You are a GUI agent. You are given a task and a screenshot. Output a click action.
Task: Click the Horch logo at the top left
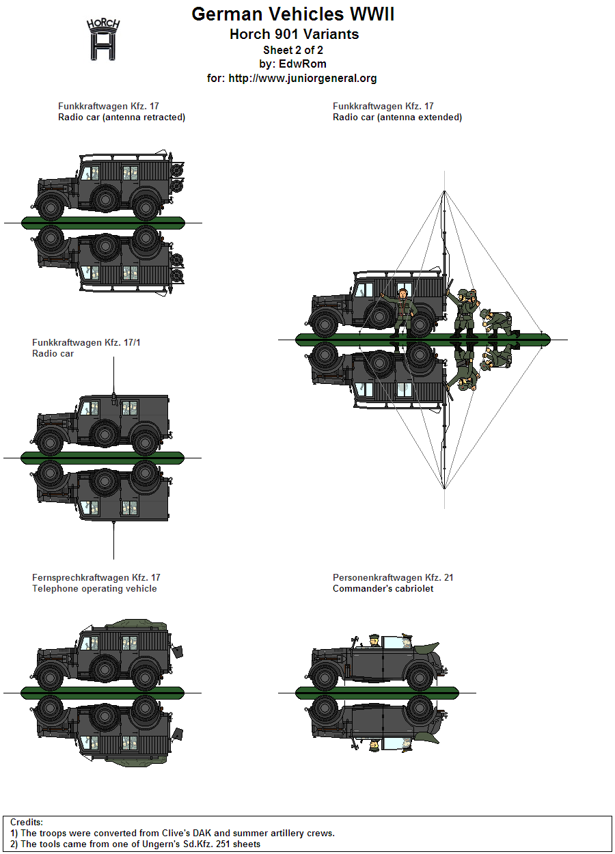pyautogui.click(x=103, y=40)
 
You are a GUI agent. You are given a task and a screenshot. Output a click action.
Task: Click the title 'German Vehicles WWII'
pyautogui.click(x=292, y=14)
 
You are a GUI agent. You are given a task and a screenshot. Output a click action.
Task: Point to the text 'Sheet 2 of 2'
pyautogui.click(x=292, y=50)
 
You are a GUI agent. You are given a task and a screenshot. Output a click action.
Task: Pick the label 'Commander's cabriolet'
pyautogui.click(x=383, y=589)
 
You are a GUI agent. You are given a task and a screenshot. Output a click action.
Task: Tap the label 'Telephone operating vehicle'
pyautogui.click(x=94, y=589)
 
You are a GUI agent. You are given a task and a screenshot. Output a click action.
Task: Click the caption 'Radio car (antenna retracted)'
pyautogui.click(x=122, y=118)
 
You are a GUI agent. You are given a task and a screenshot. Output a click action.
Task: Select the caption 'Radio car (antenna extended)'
pyautogui.click(x=397, y=118)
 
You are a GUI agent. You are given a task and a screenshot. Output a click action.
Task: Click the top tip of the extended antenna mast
pyautogui.click(x=444, y=192)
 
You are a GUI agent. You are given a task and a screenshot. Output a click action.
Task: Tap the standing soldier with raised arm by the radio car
pyautogui.click(x=402, y=311)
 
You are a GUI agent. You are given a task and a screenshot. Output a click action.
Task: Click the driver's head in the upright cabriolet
pyautogui.click(x=374, y=639)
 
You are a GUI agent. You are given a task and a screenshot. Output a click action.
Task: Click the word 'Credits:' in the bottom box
pyautogui.click(x=27, y=823)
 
